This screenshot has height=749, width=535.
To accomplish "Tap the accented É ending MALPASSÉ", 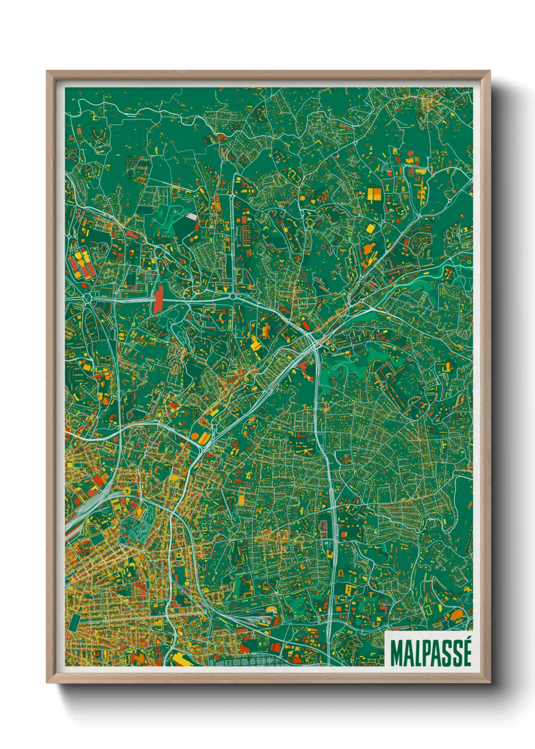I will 466,653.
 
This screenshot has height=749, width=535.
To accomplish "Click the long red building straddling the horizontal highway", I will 159,299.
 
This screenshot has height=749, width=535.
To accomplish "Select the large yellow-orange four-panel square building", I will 375,194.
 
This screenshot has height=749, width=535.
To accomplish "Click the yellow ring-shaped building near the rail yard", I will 125,490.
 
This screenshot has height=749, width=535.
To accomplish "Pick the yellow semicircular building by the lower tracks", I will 272,610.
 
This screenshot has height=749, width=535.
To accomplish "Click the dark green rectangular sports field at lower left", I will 74,622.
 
